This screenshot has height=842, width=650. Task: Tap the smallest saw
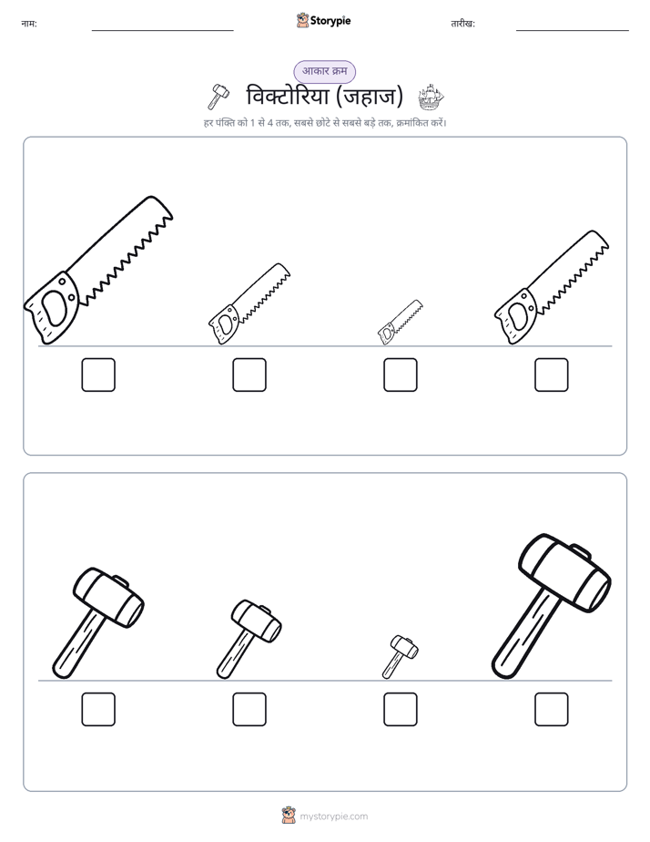(400, 323)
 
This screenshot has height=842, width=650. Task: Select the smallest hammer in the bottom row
(400, 656)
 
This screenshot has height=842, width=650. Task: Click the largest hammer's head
(564, 572)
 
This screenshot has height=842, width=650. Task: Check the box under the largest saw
(98, 375)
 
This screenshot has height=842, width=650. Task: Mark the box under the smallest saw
(401, 375)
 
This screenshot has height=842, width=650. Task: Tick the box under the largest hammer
(552, 709)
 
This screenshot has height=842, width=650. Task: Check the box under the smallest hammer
(401, 709)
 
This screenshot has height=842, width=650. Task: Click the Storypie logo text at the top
(330, 21)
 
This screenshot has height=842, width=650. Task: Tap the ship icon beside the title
(432, 98)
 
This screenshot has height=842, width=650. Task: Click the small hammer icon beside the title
(218, 97)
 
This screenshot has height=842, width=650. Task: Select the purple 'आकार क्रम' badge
(324, 71)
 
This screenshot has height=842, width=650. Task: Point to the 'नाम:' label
(29, 24)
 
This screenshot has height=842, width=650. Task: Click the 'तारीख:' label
(462, 24)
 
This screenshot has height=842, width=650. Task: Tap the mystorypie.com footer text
(333, 816)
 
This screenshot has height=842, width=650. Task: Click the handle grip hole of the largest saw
(55, 308)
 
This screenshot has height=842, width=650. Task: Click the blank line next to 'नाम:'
(162, 31)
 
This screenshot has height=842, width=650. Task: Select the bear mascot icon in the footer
(289, 816)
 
